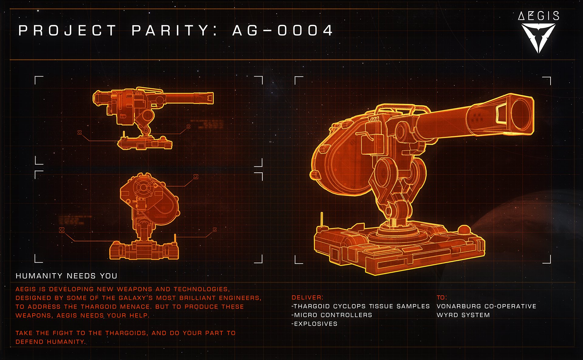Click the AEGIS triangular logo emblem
538,38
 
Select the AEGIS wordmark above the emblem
538,16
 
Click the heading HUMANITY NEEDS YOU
66,276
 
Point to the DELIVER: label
307,297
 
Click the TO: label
442,297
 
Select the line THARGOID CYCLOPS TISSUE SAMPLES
361,306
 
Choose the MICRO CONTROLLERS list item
332,315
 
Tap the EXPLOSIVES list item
315,324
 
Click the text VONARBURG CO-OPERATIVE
486,306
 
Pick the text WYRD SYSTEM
463,315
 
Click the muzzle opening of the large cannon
522,114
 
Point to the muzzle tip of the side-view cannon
210,98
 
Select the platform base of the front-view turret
144,250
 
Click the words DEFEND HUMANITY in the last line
50,342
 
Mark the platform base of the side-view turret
145,143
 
